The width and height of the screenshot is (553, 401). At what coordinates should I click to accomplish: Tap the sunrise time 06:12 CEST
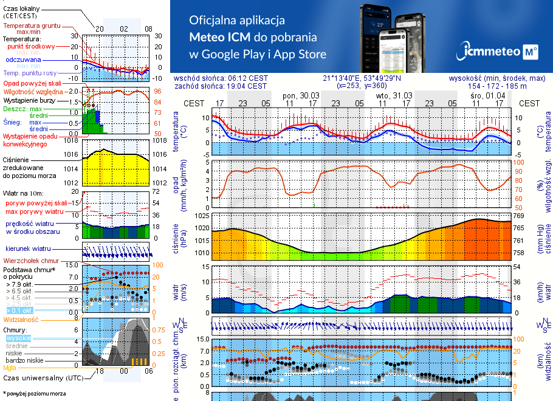[x=247, y=78]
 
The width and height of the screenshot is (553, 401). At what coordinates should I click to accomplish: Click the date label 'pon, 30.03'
[x=301, y=96]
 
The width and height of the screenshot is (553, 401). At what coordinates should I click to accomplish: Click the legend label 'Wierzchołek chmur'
[x=34, y=260]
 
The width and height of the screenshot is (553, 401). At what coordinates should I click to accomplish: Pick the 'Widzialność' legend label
[x=21, y=318]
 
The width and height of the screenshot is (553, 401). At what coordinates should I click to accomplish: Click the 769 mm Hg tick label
[x=518, y=216]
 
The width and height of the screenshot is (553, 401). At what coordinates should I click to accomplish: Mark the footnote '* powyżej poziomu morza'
[x=33, y=394]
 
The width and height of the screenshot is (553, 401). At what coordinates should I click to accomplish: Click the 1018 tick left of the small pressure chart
[x=70, y=140]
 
